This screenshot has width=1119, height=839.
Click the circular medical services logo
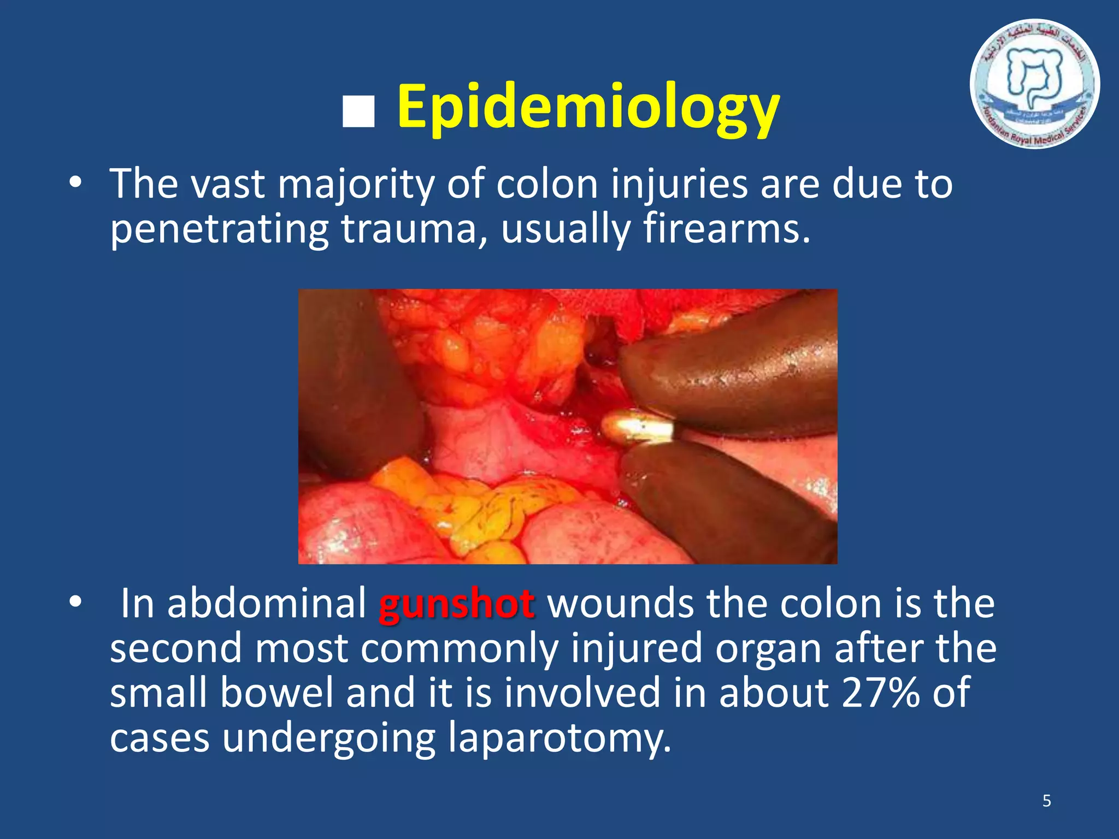click(1034, 85)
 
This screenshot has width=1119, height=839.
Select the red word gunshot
click(456, 605)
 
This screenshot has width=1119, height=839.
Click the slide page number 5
click(1046, 801)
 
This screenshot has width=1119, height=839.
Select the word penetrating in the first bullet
click(219, 229)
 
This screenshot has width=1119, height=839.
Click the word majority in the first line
click(356, 185)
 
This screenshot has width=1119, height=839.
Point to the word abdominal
click(267, 605)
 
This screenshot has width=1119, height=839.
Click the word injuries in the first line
click(679, 185)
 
